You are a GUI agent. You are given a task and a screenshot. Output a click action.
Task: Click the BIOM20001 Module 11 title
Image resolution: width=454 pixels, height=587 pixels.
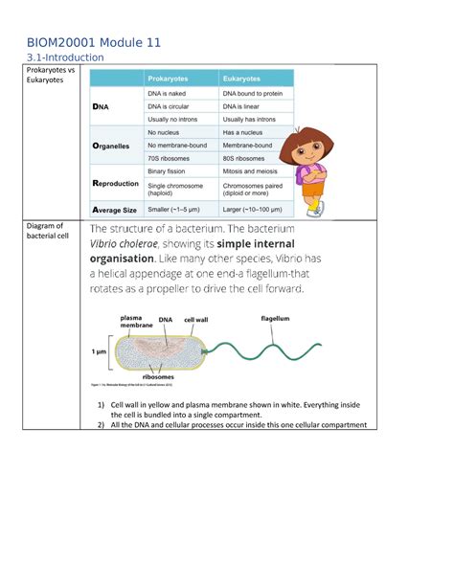[x=93, y=42]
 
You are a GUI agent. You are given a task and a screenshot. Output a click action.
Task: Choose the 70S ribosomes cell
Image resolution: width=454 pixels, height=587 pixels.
[x=172, y=158]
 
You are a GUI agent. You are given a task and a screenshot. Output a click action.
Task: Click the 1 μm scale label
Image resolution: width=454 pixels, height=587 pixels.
[x=99, y=351]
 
